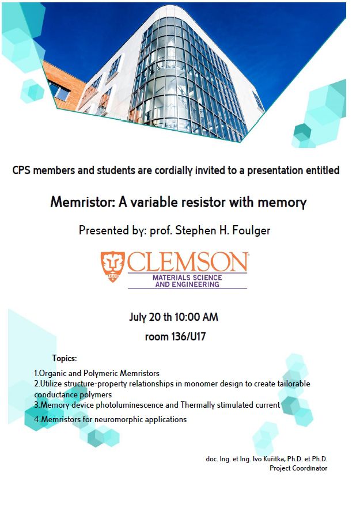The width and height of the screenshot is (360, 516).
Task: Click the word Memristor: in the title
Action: coord(77,203)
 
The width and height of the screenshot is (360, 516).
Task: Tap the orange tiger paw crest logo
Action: coord(112,267)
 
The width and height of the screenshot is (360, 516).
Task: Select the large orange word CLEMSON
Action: coord(188,263)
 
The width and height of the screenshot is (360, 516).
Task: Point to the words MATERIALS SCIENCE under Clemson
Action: coord(187,278)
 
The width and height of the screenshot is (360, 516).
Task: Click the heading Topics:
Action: coord(64,358)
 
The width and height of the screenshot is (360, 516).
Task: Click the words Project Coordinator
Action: coord(298,468)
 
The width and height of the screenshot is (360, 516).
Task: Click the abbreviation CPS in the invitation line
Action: coord(22,170)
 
